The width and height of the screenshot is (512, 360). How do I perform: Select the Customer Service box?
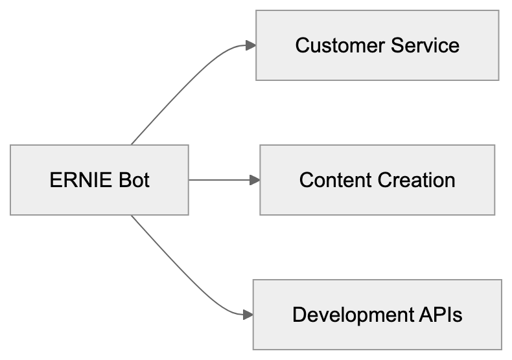(377, 45)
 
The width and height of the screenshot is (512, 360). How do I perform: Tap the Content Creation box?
(377, 179)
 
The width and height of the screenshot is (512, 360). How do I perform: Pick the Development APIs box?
(377, 315)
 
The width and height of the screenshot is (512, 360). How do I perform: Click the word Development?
(350, 315)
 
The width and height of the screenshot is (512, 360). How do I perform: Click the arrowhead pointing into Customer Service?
(251, 45)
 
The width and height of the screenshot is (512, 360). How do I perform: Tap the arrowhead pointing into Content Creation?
(255, 179)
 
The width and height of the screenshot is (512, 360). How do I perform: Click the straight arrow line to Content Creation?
(220, 179)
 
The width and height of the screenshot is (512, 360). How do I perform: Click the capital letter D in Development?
(299, 315)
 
